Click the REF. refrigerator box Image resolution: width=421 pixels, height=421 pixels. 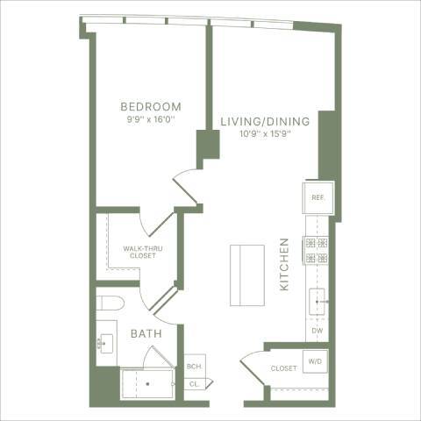coord(317,197)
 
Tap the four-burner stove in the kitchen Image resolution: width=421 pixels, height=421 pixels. coord(317,250)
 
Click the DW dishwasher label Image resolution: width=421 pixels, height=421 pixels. coord(318,332)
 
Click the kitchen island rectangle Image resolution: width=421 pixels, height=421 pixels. coord(246,275)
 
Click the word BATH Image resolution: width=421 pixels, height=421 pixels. coord(145,334)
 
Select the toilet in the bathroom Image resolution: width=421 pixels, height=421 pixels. coord(111,304)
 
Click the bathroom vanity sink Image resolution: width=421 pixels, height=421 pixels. coord(107,344)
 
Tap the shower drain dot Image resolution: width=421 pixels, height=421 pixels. coord(147,383)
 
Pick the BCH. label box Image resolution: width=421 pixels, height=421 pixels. coord(193,367)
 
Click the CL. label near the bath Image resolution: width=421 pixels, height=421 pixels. coord(193,383)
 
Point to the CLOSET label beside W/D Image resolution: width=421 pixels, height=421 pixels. coord(282,368)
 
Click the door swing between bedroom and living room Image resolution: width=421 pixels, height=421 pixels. coord(186,182)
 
